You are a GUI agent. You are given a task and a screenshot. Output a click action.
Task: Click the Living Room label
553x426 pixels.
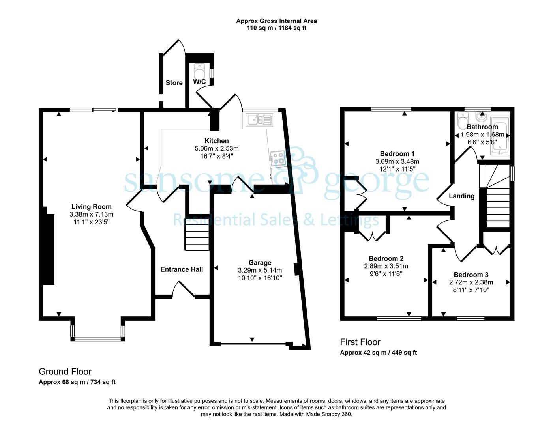(x=91, y=207)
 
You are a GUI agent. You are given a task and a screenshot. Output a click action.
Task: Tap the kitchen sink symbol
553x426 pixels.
(x=259, y=120)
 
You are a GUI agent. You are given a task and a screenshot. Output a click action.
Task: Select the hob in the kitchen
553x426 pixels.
(x=277, y=159)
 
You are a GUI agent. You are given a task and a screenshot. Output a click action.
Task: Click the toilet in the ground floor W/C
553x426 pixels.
(x=199, y=71)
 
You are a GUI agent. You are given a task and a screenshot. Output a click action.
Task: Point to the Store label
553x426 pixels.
(x=174, y=83)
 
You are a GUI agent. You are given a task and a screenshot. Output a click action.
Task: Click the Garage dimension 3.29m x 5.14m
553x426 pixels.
(x=260, y=270)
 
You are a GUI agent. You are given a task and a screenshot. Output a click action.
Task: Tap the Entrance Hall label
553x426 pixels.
(x=182, y=269)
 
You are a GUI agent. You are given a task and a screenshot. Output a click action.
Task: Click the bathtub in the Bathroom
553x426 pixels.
(x=500, y=136)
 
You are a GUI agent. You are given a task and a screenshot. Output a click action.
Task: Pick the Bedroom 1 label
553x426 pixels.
(x=397, y=153)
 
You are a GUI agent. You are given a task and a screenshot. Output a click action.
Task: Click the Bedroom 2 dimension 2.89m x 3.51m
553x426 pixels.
(x=386, y=266)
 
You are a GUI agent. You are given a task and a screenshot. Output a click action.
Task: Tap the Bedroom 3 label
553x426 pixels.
(x=471, y=275)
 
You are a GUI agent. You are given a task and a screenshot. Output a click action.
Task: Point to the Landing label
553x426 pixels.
(x=462, y=196)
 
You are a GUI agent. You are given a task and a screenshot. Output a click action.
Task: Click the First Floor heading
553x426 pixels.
(x=360, y=342)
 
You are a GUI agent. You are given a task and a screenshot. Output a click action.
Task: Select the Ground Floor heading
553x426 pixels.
(x=65, y=372)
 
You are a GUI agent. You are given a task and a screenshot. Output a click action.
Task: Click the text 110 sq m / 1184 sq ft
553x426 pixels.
(x=277, y=28)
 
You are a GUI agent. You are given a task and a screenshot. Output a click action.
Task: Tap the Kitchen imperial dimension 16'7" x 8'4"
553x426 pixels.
(x=217, y=156)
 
